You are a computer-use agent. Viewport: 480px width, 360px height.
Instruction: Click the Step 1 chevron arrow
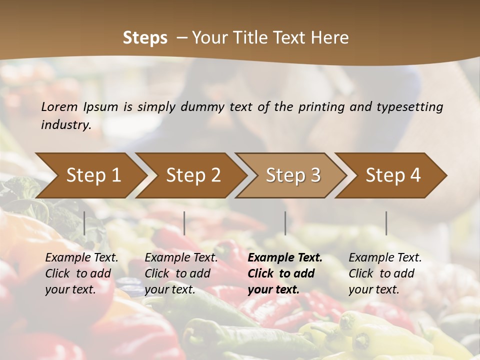(93, 175)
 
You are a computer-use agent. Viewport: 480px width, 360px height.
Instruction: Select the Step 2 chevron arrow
(193, 175)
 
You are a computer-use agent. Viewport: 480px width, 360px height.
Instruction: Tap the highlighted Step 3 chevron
(293, 175)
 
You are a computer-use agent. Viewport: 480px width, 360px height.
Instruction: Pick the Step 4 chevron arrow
(393, 175)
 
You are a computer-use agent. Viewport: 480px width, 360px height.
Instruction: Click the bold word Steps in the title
(145, 37)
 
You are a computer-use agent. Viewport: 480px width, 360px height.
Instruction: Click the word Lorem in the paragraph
(59, 106)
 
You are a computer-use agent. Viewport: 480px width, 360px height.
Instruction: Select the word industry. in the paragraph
(66, 124)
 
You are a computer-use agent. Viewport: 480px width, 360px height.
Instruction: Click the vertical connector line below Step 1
(84, 223)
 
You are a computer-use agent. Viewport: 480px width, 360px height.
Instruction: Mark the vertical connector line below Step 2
(184, 223)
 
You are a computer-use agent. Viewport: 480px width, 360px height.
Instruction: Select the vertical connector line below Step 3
(285, 223)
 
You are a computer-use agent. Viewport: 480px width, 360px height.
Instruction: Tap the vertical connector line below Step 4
(386, 223)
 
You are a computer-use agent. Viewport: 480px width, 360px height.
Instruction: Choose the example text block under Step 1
(81, 273)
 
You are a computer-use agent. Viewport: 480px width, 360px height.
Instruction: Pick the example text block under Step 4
(385, 273)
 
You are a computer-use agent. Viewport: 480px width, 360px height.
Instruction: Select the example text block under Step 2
(181, 273)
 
